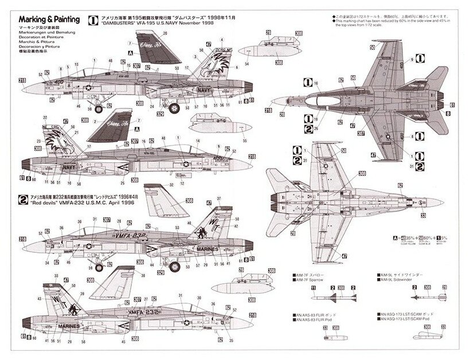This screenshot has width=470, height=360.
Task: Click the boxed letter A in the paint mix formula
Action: [379, 237]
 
